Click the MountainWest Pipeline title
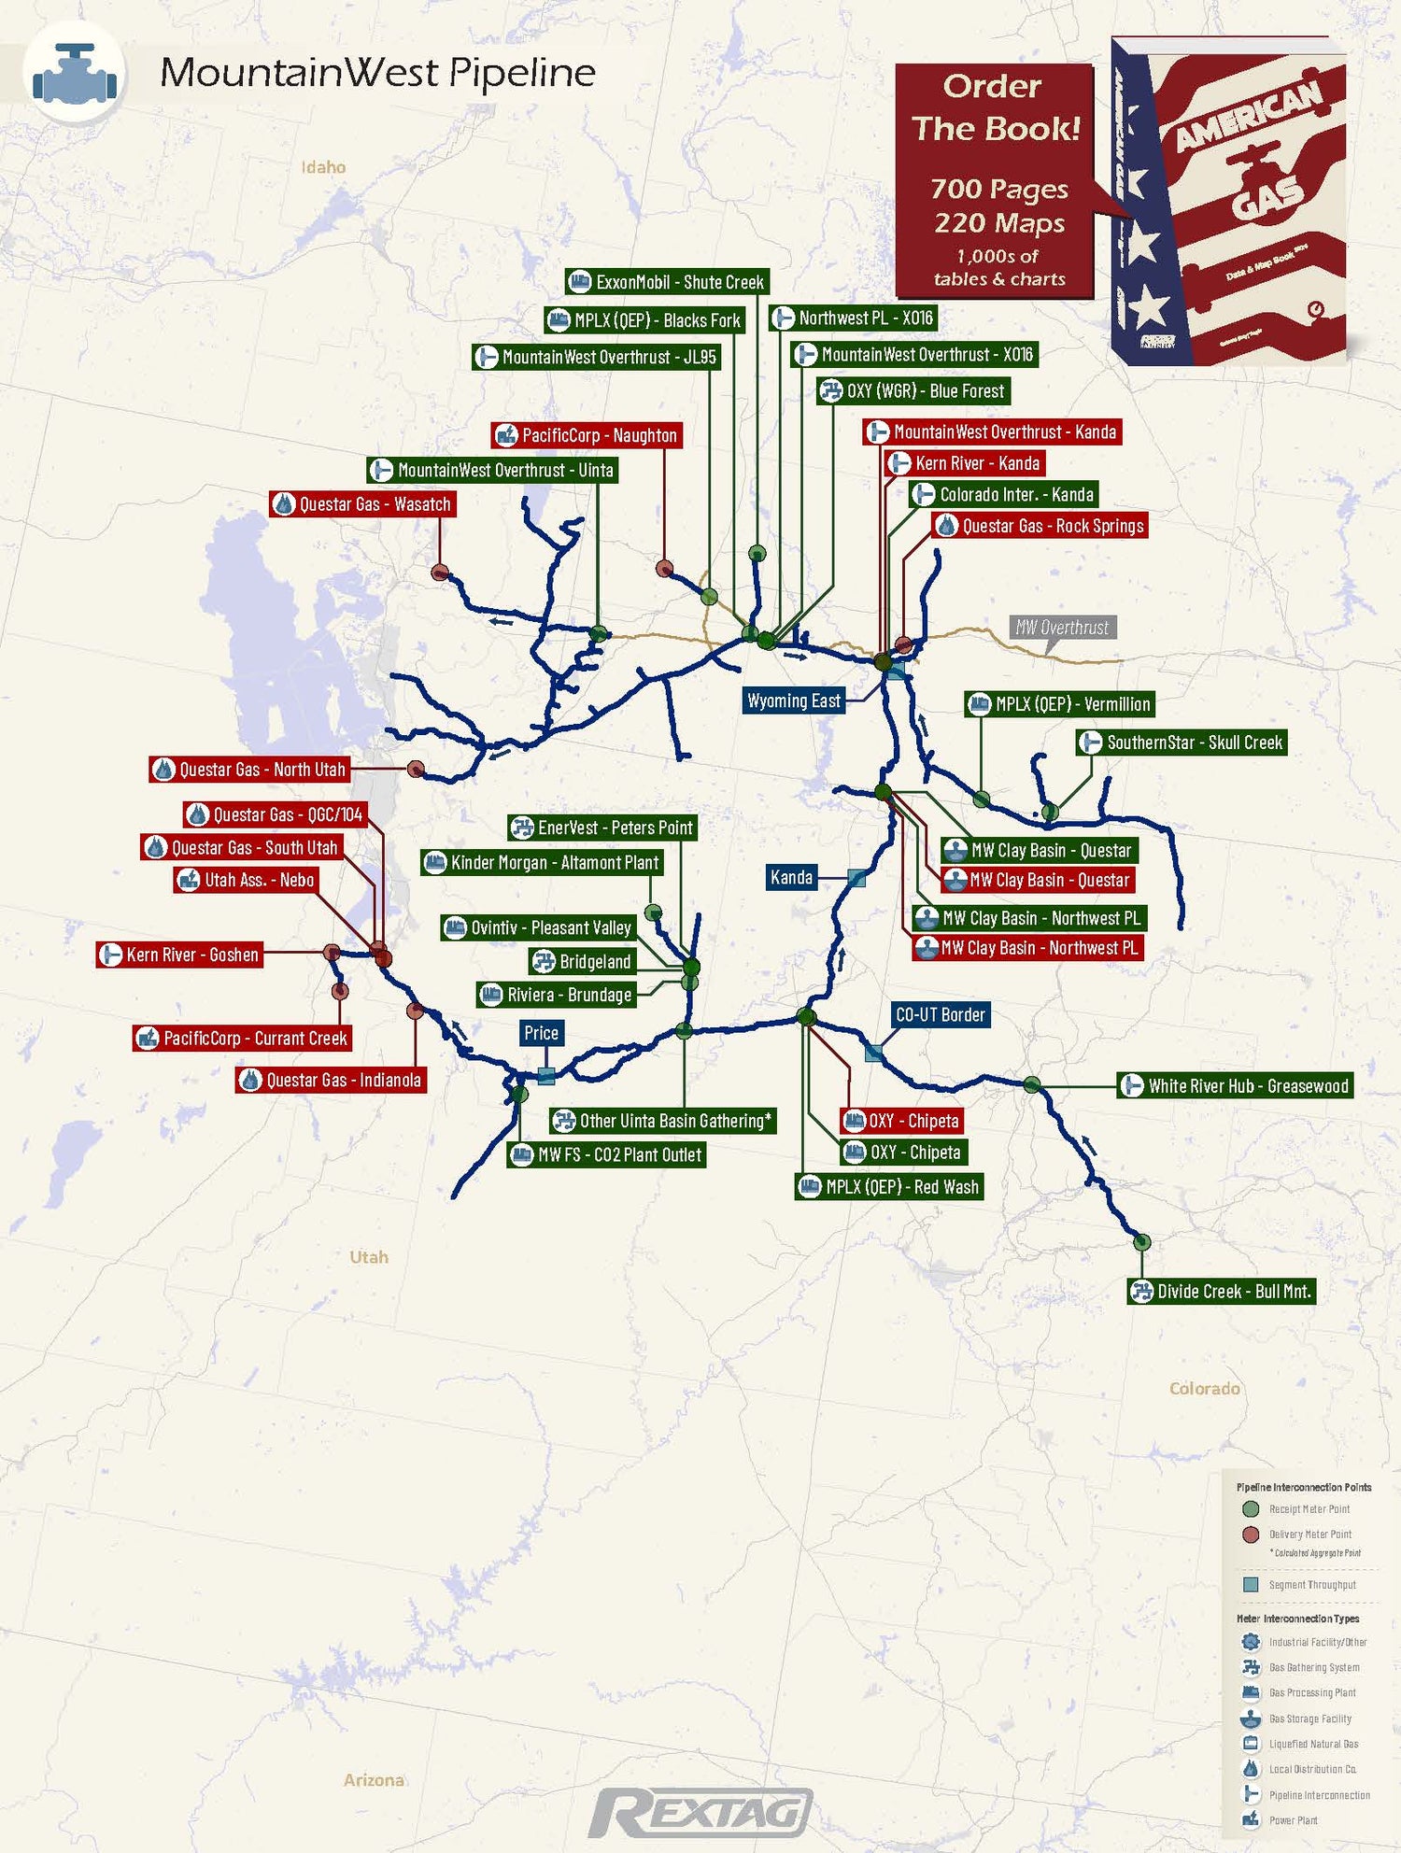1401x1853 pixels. point(377,72)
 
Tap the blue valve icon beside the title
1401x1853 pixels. point(75,73)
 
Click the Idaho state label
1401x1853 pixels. point(323,167)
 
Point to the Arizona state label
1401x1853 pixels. point(374,1780)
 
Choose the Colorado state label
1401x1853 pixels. point(1204,1389)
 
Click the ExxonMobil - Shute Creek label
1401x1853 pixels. point(667,282)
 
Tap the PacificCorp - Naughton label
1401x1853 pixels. point(587,435)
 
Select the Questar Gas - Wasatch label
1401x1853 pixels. point(362,504)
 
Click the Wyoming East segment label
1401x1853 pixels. point(794,700)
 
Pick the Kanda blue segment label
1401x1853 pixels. point(791,877)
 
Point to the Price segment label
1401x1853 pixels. point(541,1033)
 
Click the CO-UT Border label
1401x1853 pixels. point(940,1014)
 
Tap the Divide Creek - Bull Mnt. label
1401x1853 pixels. point(1222,1292)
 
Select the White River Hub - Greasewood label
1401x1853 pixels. point(1235,1086)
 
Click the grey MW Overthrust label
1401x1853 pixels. point(1062,628)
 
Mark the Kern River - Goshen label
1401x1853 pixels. point(179,955)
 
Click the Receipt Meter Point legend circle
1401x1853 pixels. point(1251,1509)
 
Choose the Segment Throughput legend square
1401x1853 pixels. point(1251,1585)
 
